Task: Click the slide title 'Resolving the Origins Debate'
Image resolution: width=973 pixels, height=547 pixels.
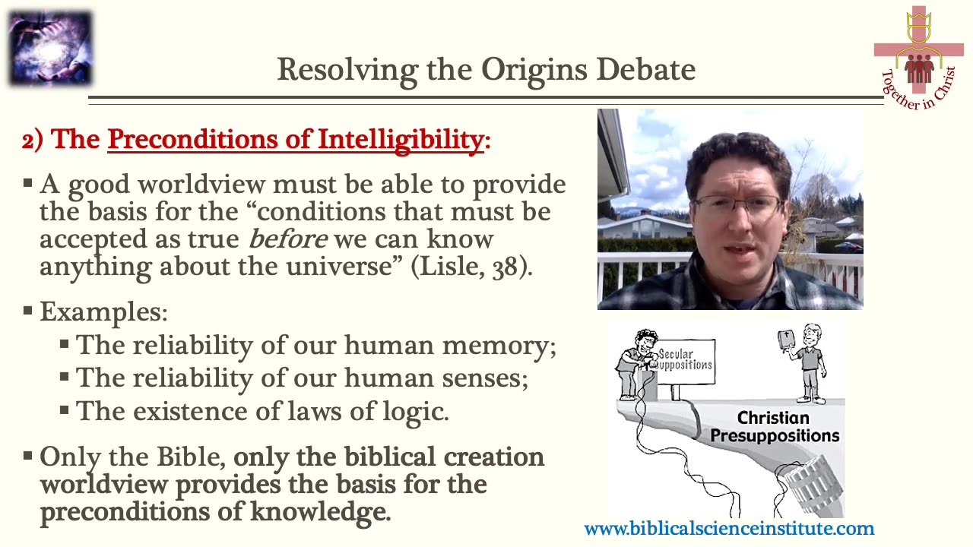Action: [486, 69]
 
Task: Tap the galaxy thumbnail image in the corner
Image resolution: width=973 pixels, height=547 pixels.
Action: [49, 49]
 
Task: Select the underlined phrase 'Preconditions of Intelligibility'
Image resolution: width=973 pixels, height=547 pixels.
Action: [295, 140]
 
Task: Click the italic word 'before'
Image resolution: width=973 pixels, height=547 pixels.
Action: [288, 239]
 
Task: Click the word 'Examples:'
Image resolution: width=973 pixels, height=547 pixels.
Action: [103, 312]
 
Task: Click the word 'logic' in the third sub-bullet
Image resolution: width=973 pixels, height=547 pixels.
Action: [416, 411]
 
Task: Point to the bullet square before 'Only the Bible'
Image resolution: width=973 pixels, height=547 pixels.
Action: [28, 457]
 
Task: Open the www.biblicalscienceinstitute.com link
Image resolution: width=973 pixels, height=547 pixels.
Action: [729, 529]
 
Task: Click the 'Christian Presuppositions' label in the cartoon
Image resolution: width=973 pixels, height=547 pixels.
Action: [774, 426]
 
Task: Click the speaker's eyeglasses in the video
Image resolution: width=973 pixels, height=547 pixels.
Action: [737, 205]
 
